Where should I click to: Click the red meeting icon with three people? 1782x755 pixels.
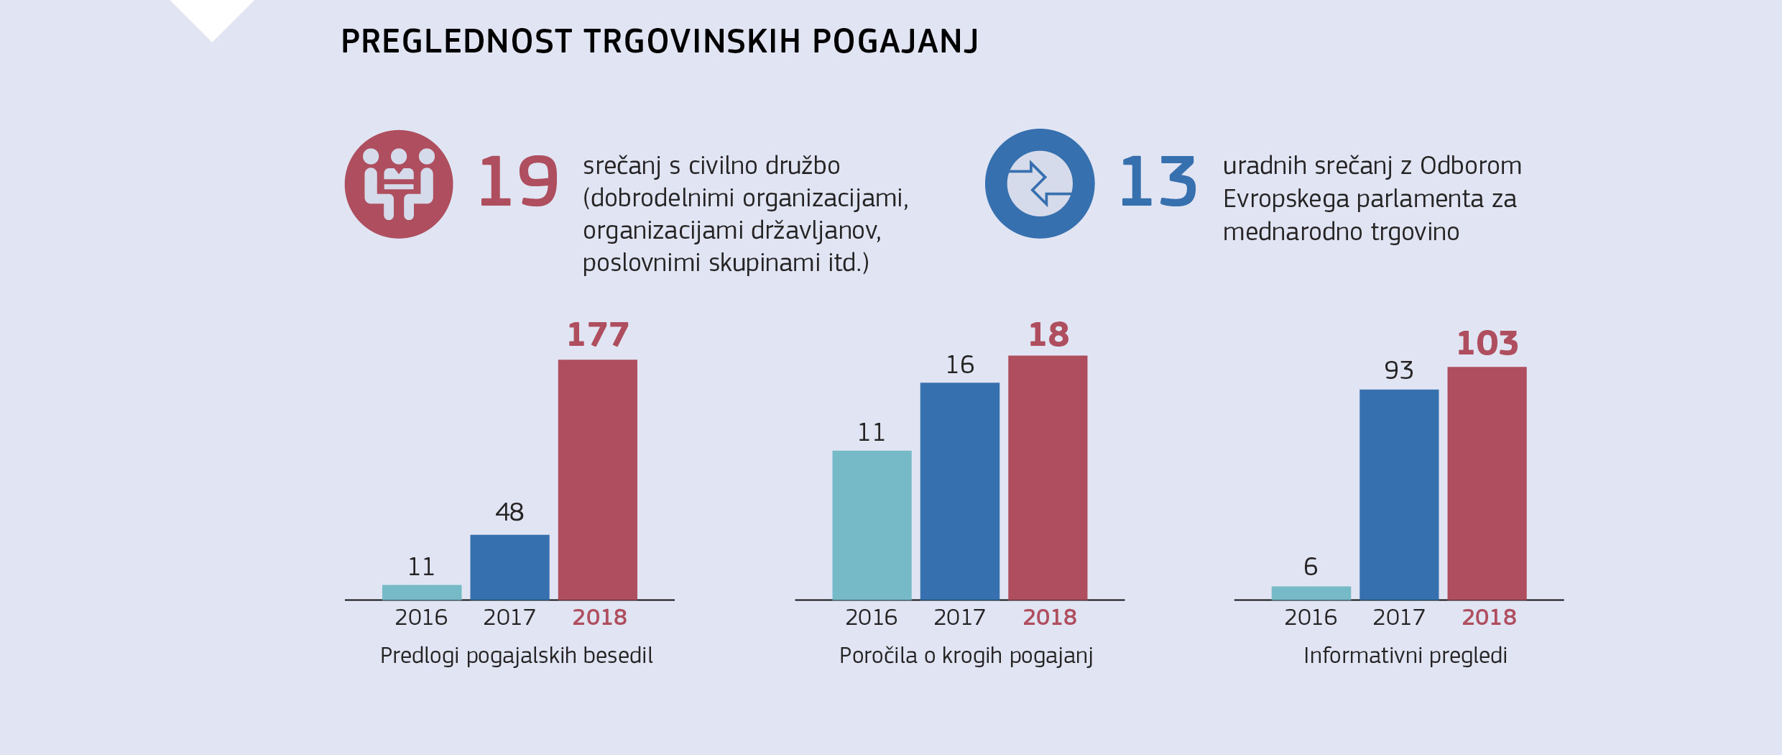point(399,184)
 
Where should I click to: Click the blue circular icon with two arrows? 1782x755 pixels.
point(1040,184)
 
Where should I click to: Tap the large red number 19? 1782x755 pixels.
point(518,182)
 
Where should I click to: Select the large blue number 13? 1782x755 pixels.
point(1158,182)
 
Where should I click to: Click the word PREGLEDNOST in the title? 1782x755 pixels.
point(456,42)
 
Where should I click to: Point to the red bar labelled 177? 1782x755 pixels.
point(597,479)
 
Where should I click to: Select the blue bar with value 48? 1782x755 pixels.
point(509,567)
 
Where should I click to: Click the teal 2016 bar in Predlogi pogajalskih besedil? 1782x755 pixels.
point(422,592)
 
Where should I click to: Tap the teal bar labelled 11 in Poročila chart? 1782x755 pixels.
point(872,525)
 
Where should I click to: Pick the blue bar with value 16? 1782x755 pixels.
point(959,490)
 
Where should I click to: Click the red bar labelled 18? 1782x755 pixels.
point(1048,477)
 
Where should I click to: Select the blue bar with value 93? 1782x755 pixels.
point(1399,494)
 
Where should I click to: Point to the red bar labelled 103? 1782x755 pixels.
point(1487,482)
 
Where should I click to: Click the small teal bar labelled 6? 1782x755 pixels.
point(1311,593)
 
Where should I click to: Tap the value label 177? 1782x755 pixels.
point(598,335)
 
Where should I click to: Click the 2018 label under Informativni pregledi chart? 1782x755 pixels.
point(1489,618)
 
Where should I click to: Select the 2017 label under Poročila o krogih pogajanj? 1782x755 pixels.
point(959,618)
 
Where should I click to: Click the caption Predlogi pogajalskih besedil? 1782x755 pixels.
point(516,656)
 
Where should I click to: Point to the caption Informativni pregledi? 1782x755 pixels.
point(1405,656)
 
